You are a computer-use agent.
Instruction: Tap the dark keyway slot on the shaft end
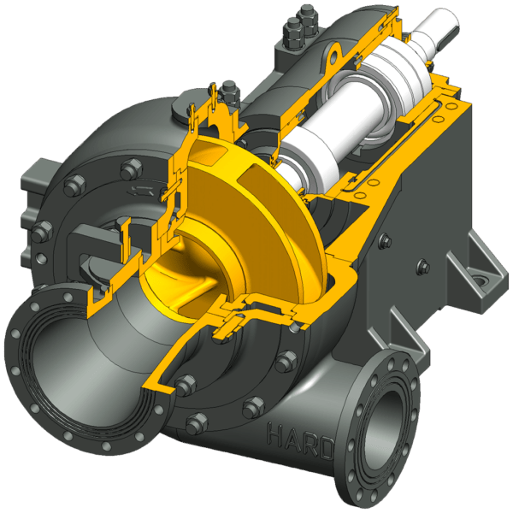448,37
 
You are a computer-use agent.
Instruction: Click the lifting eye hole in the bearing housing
334,56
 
